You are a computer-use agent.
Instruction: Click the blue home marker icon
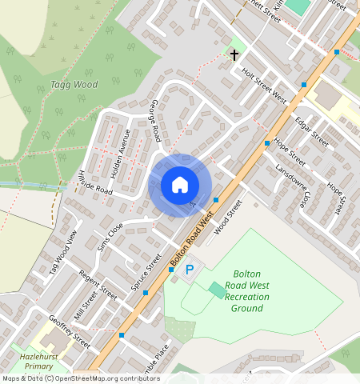(x=180, y=186)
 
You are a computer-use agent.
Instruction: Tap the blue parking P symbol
(x=190, y=270)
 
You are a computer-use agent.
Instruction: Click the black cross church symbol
(x=234, y=55)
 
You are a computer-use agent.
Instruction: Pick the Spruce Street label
(x=146, y=270)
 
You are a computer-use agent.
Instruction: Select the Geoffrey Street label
(x=70, y=328)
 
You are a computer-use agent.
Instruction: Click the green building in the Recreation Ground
(x=216, y=290)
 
